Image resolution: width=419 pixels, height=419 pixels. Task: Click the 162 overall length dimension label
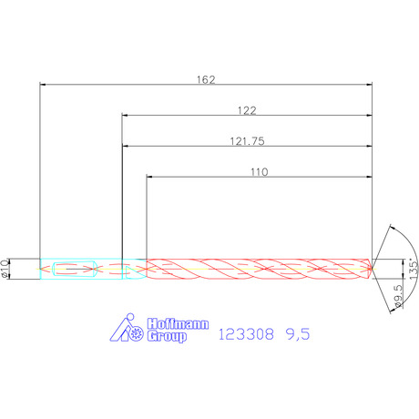[x=206, y=79]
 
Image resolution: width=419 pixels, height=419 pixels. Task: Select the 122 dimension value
[x=247, y=110]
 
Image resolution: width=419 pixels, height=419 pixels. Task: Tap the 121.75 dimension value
[x=247, y=141]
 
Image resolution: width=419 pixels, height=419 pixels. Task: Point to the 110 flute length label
[x=260, y=172]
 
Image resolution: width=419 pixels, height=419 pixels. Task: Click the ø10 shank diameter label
[x=5, y=269]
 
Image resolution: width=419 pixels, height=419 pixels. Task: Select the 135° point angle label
[x=414, y=269]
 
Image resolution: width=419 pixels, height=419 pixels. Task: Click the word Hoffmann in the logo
[x=178, y=324]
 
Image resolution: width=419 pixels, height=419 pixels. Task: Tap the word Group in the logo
[x=167, y=336]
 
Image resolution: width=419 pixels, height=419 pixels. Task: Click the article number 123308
[x=246, y=334]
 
